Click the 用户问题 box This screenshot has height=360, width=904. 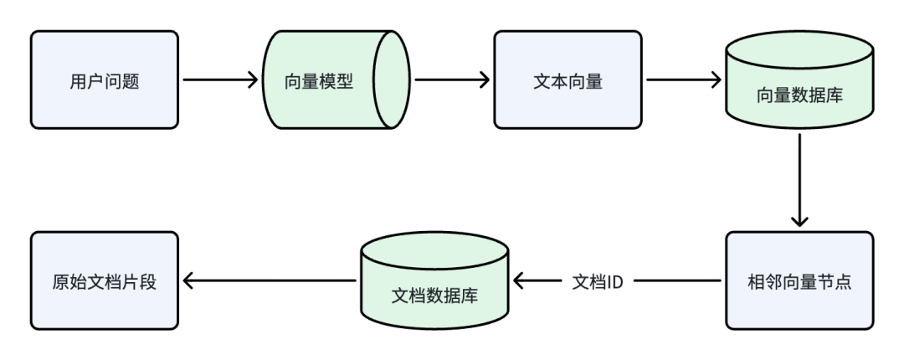coord(105,80)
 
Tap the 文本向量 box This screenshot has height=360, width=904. coord(568,80)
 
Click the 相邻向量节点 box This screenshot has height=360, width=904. coord(799,280)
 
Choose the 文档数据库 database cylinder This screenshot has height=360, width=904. coord(434,285)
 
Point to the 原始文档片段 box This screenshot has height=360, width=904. coord(105,280)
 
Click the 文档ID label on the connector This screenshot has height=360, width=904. coord(597,281)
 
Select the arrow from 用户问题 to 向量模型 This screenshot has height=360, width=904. coord(219,80)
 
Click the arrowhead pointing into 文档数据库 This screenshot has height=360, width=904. coord(521,281)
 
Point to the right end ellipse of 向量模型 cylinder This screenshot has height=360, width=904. coord(390,80)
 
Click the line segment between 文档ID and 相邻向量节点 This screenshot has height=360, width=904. coord(678,281)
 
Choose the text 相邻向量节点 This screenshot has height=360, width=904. coord(799,281)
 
